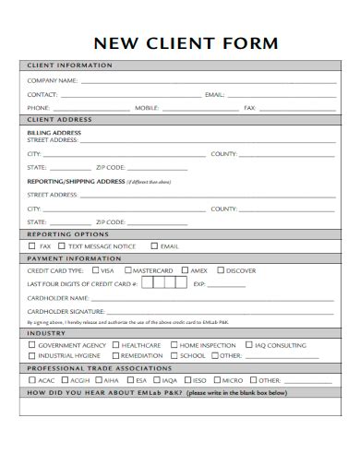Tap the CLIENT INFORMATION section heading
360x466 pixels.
(70, 66)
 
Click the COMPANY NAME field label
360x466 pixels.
(53, 81)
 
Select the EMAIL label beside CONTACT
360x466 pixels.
(214, 95)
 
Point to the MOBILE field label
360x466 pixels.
(149, 108)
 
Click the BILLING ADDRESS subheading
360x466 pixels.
(54, 132)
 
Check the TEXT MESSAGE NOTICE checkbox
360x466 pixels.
(62, 246)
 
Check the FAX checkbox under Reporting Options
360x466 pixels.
(32, 246)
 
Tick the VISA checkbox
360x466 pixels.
(94, 270)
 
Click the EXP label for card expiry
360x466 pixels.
(199, 284)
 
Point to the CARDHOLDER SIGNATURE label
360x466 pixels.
(66, 312)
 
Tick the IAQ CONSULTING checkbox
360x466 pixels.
(248, 344)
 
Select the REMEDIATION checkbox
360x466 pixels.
(114, 355)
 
